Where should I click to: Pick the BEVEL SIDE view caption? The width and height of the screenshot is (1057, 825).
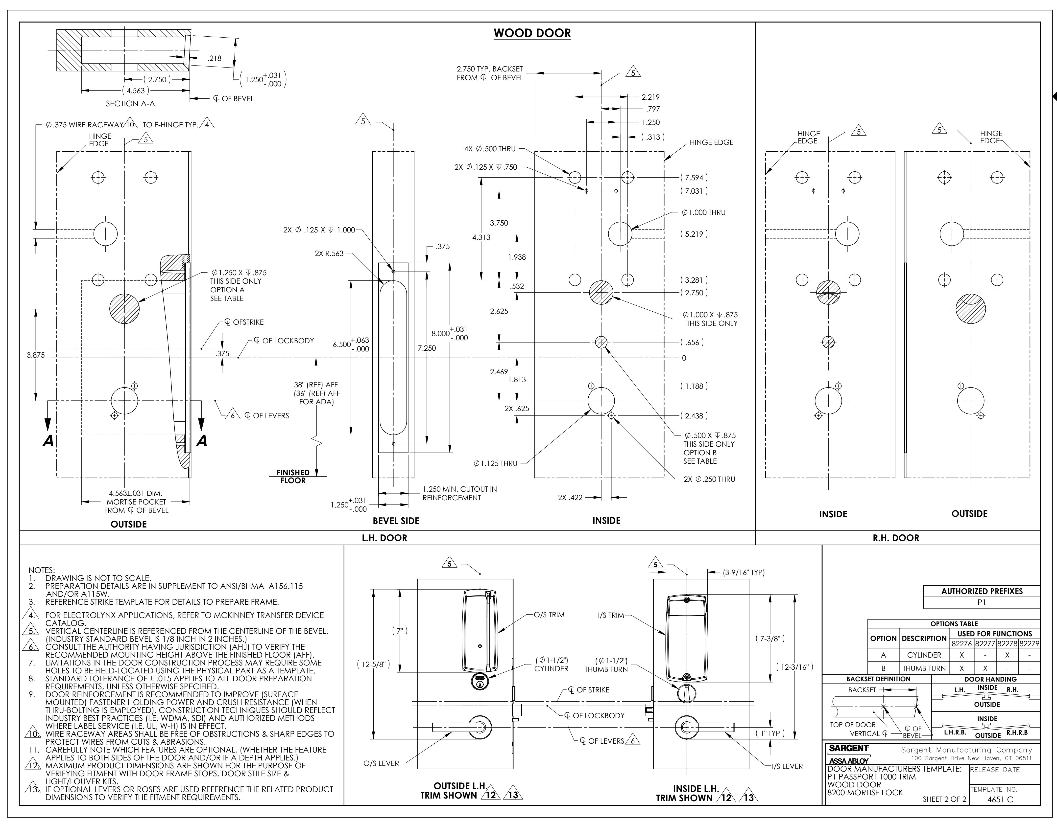396,521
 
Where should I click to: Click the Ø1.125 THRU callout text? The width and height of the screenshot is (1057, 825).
496,463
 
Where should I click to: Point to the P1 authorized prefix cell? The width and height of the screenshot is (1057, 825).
982,602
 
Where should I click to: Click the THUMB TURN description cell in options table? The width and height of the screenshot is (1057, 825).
924,668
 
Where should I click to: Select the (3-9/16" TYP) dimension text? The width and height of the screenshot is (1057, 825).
743,573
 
